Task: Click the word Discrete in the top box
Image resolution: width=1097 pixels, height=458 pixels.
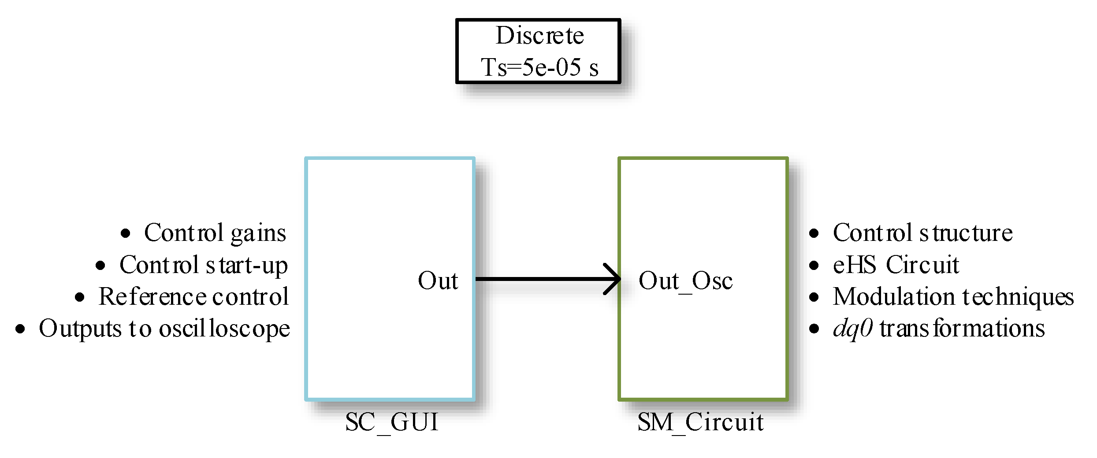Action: (x=539, y=35)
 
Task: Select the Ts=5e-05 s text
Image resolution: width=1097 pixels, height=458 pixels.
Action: (x=539, y=67)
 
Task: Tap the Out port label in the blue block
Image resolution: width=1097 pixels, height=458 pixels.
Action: (x=438, y=281)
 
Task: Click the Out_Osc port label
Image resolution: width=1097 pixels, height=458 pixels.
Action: (x=685, y=281)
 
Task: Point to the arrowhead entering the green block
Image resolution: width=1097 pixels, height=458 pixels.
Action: (x=614, y=279)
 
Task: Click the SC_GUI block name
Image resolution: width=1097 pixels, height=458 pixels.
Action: (x=392, y=422)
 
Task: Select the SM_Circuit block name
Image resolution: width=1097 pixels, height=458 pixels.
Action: (x=700, y=422)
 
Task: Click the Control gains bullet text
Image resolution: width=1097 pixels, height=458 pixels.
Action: (x=215, y=233)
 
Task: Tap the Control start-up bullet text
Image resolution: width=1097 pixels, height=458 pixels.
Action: (x=204, y=265)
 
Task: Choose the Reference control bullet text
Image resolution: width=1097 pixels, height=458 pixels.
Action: (x=193, y=296)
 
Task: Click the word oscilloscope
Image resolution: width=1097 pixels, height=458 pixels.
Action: (x=224, y=329)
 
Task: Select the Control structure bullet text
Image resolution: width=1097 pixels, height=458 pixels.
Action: (x=922, y=233)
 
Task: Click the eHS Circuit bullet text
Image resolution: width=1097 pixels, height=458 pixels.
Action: (x=896, y=265)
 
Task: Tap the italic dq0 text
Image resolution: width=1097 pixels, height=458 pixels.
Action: (x=852, y=329)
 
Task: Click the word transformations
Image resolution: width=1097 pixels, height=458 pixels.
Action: (x=962, y=329)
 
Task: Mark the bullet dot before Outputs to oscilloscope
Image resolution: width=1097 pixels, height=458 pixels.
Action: (x=20, y=329)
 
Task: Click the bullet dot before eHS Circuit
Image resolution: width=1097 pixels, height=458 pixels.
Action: (x=814, y=266)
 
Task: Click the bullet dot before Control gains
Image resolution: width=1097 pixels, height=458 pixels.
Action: (x=126, y=233)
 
